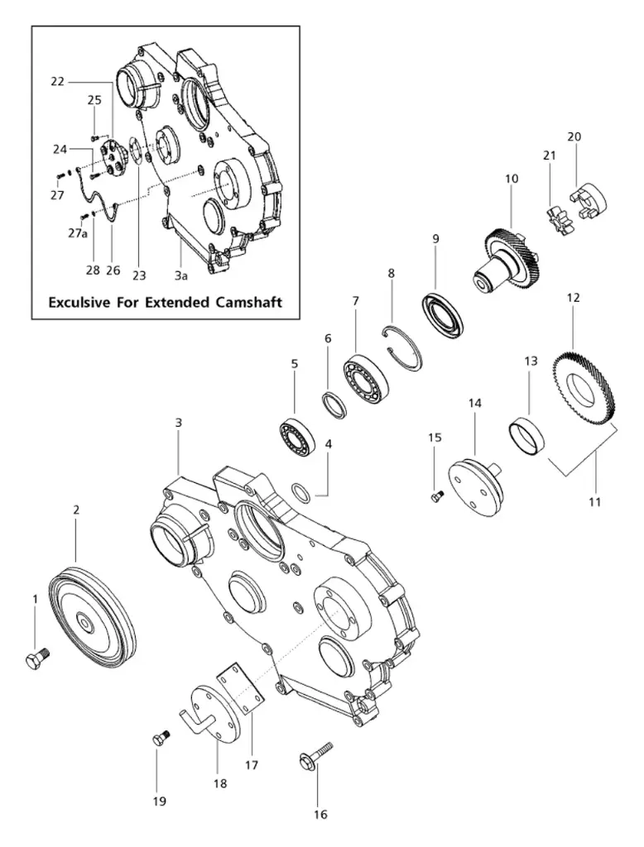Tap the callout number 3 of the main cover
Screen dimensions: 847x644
[178, 423]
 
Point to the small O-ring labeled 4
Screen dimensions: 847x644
[303, 494]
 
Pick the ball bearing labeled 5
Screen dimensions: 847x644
[296, 437]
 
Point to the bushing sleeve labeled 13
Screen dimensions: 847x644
[522, 435]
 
